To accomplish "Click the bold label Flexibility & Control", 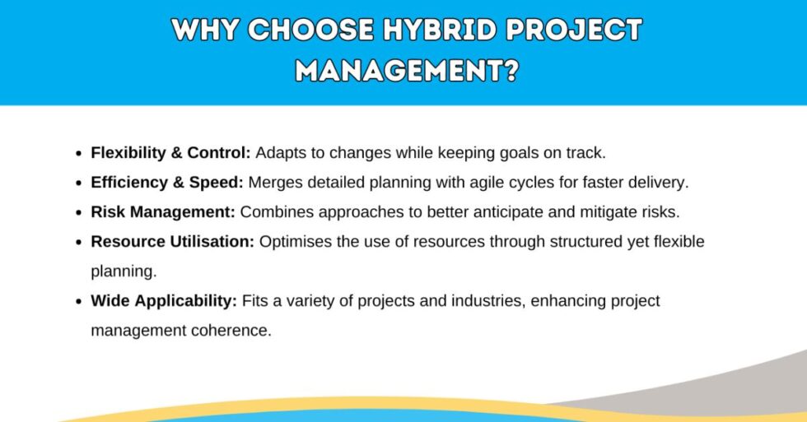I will point(171,153).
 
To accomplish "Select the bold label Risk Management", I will point(163,212).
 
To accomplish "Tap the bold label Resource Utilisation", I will point(174,242).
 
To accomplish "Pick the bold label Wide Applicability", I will point(164,301).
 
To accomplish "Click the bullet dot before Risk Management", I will point(78,213).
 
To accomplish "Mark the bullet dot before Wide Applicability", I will point(78,302).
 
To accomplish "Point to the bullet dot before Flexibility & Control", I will point(78,154).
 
